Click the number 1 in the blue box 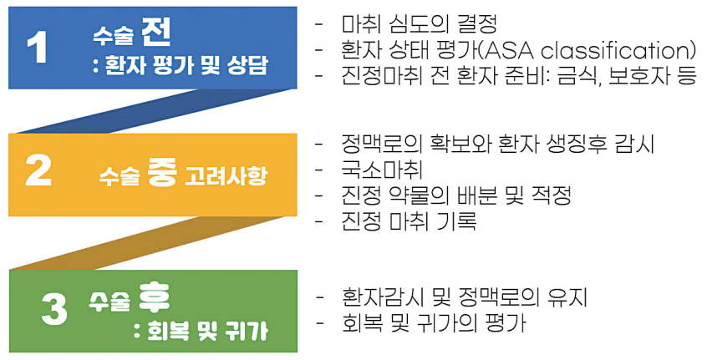click(x=37, y=48)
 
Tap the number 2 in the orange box click(x=38, y=171)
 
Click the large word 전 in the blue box click(x=156, y=32)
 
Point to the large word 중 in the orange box click(x=162, y=173)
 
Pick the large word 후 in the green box click(x=155, y=297)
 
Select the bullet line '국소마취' click(x=382, y=170)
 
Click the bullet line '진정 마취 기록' click(x=409, y=221)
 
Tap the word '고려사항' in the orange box click(x=226, y=175)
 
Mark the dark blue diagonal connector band click(x=156, y=111)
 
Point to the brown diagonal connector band click(x=149, y=243)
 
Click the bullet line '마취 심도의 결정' click(x=420, y=24)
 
